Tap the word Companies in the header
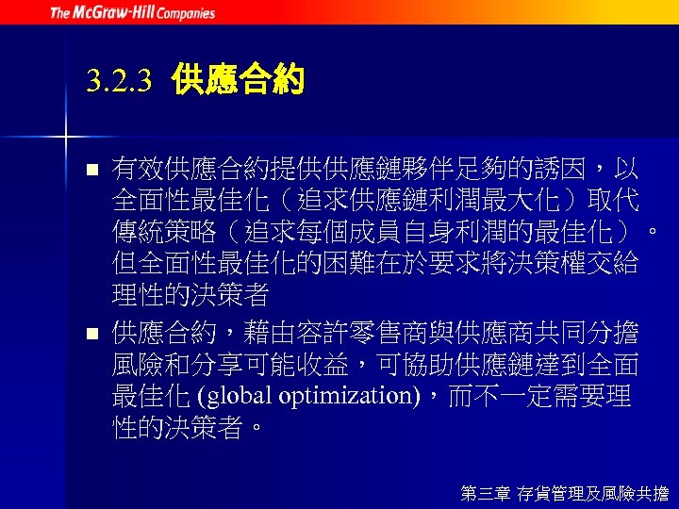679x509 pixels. point(187,13)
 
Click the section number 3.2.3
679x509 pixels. point(118,83)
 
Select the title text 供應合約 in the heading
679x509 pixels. point(238,82)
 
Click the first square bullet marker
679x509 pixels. point(91,171)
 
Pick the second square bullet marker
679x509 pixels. point(91,334)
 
